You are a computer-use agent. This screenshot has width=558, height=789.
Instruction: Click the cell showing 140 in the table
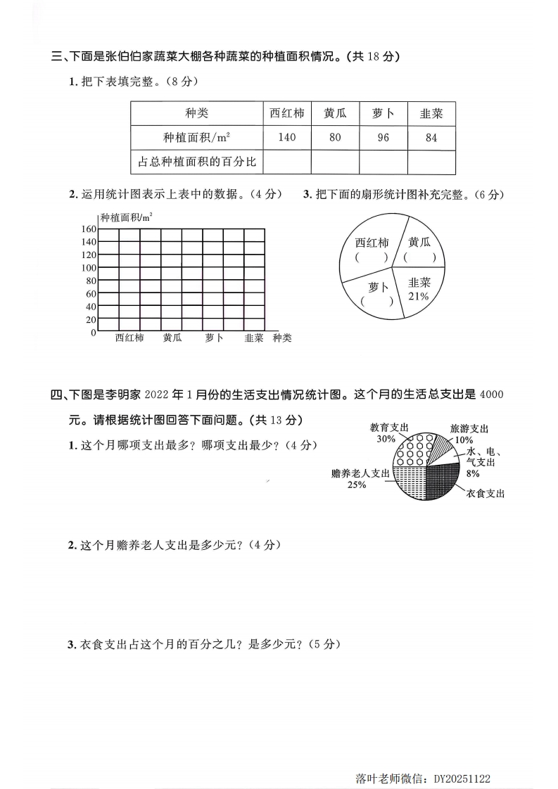pos(286,138)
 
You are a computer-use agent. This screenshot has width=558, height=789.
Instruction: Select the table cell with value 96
pos(383,138)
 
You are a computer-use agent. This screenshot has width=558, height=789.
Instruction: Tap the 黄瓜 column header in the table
pos(335,113)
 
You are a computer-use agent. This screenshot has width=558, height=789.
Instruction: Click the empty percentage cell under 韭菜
pos(431,162)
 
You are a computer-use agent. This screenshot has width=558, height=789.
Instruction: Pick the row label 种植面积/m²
pos(197,138)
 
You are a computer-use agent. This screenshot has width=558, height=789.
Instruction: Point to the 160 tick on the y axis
pos(88,229)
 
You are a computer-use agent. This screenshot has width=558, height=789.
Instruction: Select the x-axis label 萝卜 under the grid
pos(214,338)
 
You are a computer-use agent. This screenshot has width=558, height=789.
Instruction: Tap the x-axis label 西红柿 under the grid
pos(129,338)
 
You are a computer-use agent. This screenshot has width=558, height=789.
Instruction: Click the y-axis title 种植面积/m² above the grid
pos(127,218)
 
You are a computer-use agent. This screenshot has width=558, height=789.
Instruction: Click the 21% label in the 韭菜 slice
pos(417,296)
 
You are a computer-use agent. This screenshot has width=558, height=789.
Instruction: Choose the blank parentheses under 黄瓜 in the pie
pos(420,257)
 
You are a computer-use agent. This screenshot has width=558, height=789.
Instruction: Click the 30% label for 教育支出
pos(386,439)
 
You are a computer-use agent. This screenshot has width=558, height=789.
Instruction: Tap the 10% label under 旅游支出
pos(464,440)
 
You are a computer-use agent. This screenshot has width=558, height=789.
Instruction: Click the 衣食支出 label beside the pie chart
pos(485,494)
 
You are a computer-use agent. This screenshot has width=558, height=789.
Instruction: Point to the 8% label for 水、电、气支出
pos(472,473)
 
